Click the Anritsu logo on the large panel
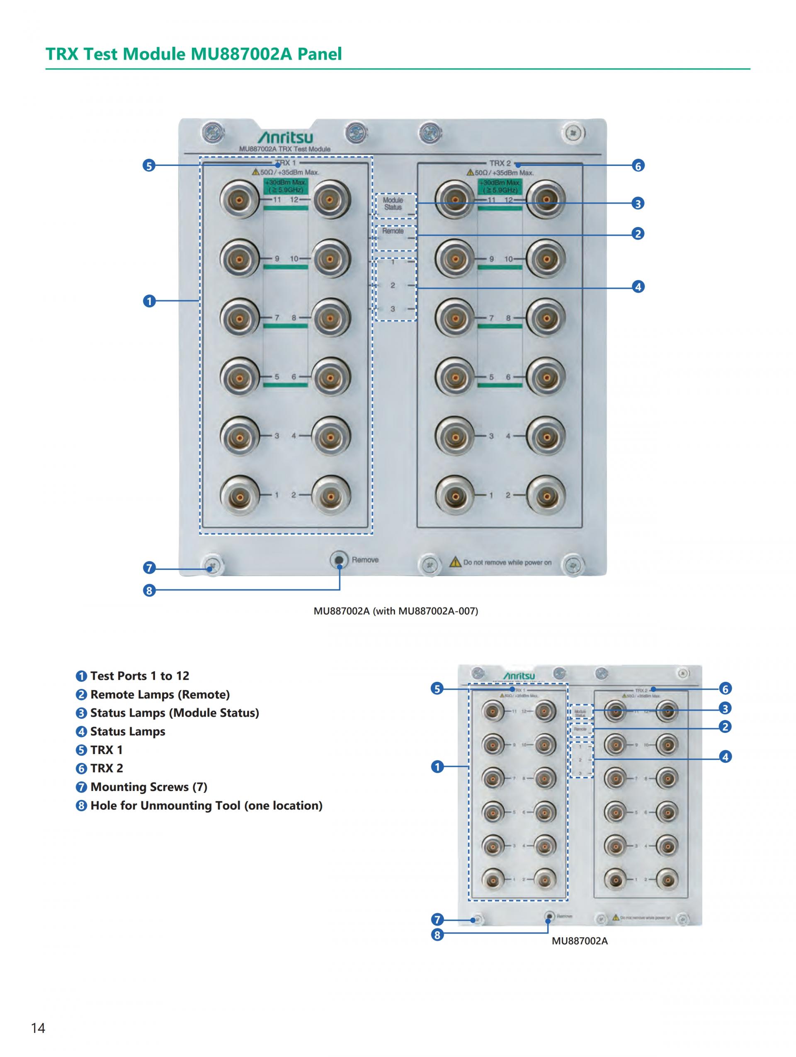pos(285,138)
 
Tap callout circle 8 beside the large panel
pos(149,591)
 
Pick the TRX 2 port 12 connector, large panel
pos(546,199)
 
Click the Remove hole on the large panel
pos(339,560)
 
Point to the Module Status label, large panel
pos(393,204)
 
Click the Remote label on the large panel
pos(393,231)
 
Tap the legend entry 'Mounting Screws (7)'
pos(148,787)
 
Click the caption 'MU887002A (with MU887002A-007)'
pos(396,611)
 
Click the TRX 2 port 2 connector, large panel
pos(546,495)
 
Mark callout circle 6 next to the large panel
pos(638,166)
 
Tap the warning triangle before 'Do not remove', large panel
pos(455,562)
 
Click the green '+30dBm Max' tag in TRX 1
pos(286,186)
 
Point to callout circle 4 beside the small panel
pos(725,757)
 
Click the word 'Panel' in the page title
pos(319,54)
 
